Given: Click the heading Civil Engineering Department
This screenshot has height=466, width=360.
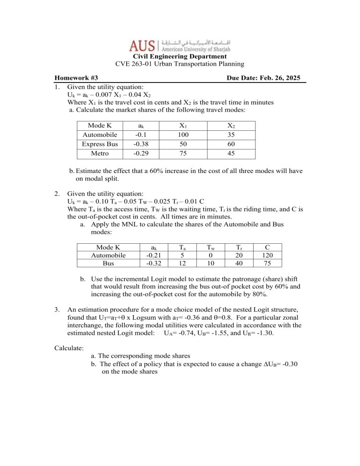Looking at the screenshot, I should click(x=180, y=57).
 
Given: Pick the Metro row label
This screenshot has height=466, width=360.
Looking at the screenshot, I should click(x=99, y=154).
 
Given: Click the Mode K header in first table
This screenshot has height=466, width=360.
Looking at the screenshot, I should click(x=99, y=125).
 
